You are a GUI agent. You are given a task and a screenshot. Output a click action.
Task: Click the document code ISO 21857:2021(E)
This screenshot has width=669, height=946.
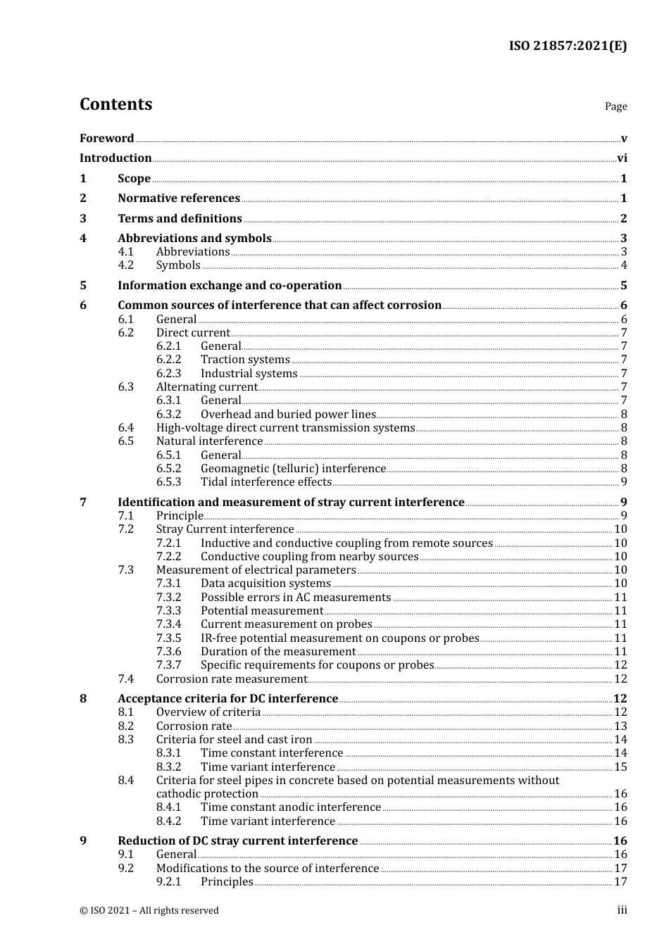pyautogui.click(x=568, y=46)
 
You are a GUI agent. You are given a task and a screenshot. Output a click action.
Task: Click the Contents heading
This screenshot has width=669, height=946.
pyautogui.click(x=115, y=104)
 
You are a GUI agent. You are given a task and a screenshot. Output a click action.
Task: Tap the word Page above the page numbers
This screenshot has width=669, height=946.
pyautogui.click(x=615, y=106)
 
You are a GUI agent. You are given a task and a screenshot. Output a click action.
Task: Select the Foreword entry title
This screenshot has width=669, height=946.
pyautogui.click(x=106, y=139)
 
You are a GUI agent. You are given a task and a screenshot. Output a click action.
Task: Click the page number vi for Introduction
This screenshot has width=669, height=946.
pyautogui.click(x=622, y=158)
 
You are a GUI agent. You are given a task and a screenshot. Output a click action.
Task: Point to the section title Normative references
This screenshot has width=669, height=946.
pyautogui.click(x=179, y=198)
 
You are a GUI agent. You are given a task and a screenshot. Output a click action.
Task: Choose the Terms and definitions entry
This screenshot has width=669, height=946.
pyautogui.click(x=180, y=219)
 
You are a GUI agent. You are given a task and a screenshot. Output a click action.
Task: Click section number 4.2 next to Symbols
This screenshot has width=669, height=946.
pyautogui.click(x=125, y=265)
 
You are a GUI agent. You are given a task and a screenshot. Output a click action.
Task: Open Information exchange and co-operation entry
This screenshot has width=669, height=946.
pyautogui.click(x=230, y=286)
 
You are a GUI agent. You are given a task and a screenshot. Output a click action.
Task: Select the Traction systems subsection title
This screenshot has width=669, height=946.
pyautogui.click(x=245, y=360)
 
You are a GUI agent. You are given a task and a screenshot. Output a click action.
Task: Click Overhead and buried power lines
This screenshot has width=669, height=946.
pyautogui.click(x=288, y=415)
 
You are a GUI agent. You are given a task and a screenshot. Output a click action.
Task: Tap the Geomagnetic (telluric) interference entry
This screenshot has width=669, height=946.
pyautogui.click(x=293, y=469)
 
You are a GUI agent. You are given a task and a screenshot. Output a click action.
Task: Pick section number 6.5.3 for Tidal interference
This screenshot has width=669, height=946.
pyautogui.click(x=168, y=482)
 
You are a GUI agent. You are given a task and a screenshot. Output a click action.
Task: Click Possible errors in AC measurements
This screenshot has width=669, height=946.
pyautogui.click(x=296, y=598)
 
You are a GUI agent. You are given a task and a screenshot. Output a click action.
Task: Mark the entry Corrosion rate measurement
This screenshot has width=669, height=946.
pyautogui.click(x=232, y=679)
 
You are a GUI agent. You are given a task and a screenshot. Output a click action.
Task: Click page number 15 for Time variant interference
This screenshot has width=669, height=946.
pyautogui.click(x=620, y=767)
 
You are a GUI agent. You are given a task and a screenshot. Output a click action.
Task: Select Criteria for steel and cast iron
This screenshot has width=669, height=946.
pyautogui.click(x=234, y=740)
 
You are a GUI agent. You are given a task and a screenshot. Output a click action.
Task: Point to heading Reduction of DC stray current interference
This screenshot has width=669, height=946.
pyautogui.click(x=237, y=841)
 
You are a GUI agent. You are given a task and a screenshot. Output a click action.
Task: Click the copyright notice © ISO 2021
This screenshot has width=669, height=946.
pyautogui.click(x=149, y=911)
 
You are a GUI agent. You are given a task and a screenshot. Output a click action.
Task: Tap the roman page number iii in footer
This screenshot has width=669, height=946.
pyautogui.click(x=622, y=911)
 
